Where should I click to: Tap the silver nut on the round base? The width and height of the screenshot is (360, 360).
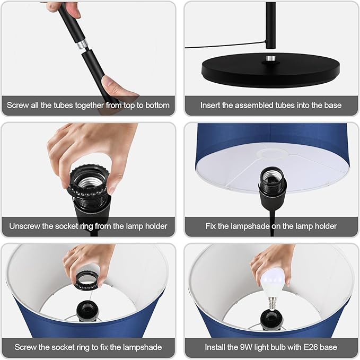coord(271,58)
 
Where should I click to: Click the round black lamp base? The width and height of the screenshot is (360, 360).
coord(271,71)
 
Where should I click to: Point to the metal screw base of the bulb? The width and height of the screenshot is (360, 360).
coord(271,303)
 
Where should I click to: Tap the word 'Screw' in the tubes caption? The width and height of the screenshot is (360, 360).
coord(17,106)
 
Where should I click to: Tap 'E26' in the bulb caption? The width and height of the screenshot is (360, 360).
coord(311,347)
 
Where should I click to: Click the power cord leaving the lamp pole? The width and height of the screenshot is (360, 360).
coord(225,45)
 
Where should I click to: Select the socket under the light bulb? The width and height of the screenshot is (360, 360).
coord(272,320)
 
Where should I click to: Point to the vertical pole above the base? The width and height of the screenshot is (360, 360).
coord(271,25)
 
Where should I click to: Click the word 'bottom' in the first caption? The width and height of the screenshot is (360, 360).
coord(157,106)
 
